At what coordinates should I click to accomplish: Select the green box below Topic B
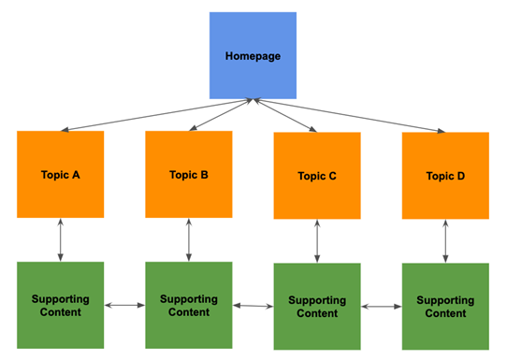188,305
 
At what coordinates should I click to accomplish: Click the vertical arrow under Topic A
60,240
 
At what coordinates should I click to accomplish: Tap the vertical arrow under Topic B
188,239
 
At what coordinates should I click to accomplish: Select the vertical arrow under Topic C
316,241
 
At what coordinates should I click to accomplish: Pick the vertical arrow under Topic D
444,241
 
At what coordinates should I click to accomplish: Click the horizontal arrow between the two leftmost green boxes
124,305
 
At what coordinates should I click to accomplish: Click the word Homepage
253,56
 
